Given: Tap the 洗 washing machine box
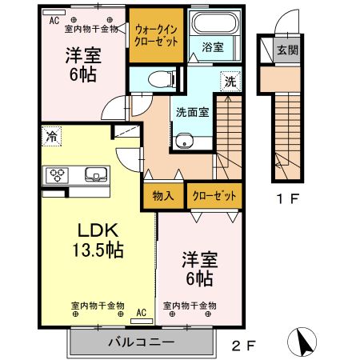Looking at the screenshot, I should (229, 81).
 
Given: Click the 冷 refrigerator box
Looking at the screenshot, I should (51, 135).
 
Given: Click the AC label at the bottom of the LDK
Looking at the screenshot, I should (142, 314).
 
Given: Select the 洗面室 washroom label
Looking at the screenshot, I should (192, 112).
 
